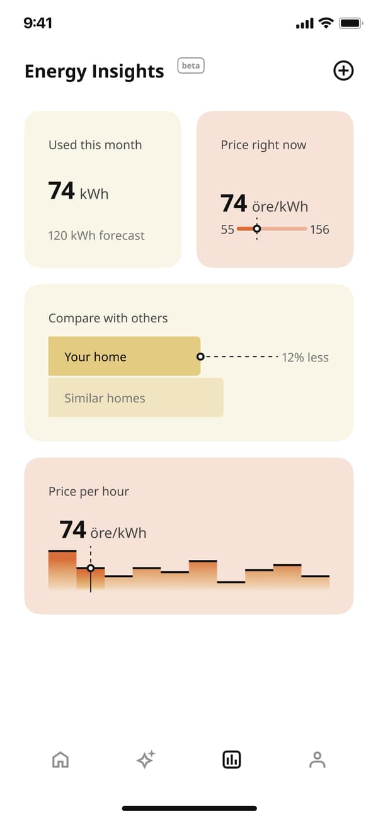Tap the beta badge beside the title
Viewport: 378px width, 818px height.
pos(191,65)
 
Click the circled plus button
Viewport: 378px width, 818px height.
pos(343,71)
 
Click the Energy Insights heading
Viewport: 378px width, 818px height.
pos(94,72)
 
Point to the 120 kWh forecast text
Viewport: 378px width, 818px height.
pos(96,236)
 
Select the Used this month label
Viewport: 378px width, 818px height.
pos(95,145)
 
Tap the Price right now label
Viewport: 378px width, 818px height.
pos(263,145)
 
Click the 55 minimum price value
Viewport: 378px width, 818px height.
pos(227,229)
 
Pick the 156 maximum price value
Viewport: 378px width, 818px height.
pos(319,229)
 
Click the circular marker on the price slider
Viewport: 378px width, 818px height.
pos(257,229)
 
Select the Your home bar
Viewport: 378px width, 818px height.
pos(124,356)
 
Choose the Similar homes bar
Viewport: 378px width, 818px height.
pos(135,397)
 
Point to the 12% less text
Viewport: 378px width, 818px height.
pos(306,358)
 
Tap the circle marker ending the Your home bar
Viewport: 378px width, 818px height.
pos(200,356)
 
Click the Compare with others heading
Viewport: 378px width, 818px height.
pos(108,318)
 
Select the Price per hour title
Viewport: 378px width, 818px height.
pos(89,491)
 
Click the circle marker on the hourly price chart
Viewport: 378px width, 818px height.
pos(91,568)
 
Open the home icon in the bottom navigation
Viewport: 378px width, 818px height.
pos(60,760)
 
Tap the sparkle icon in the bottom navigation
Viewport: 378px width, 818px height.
pos(146,760)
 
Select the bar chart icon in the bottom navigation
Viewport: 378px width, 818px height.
pos(232,760)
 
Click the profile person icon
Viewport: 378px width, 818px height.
pos(318,760)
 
